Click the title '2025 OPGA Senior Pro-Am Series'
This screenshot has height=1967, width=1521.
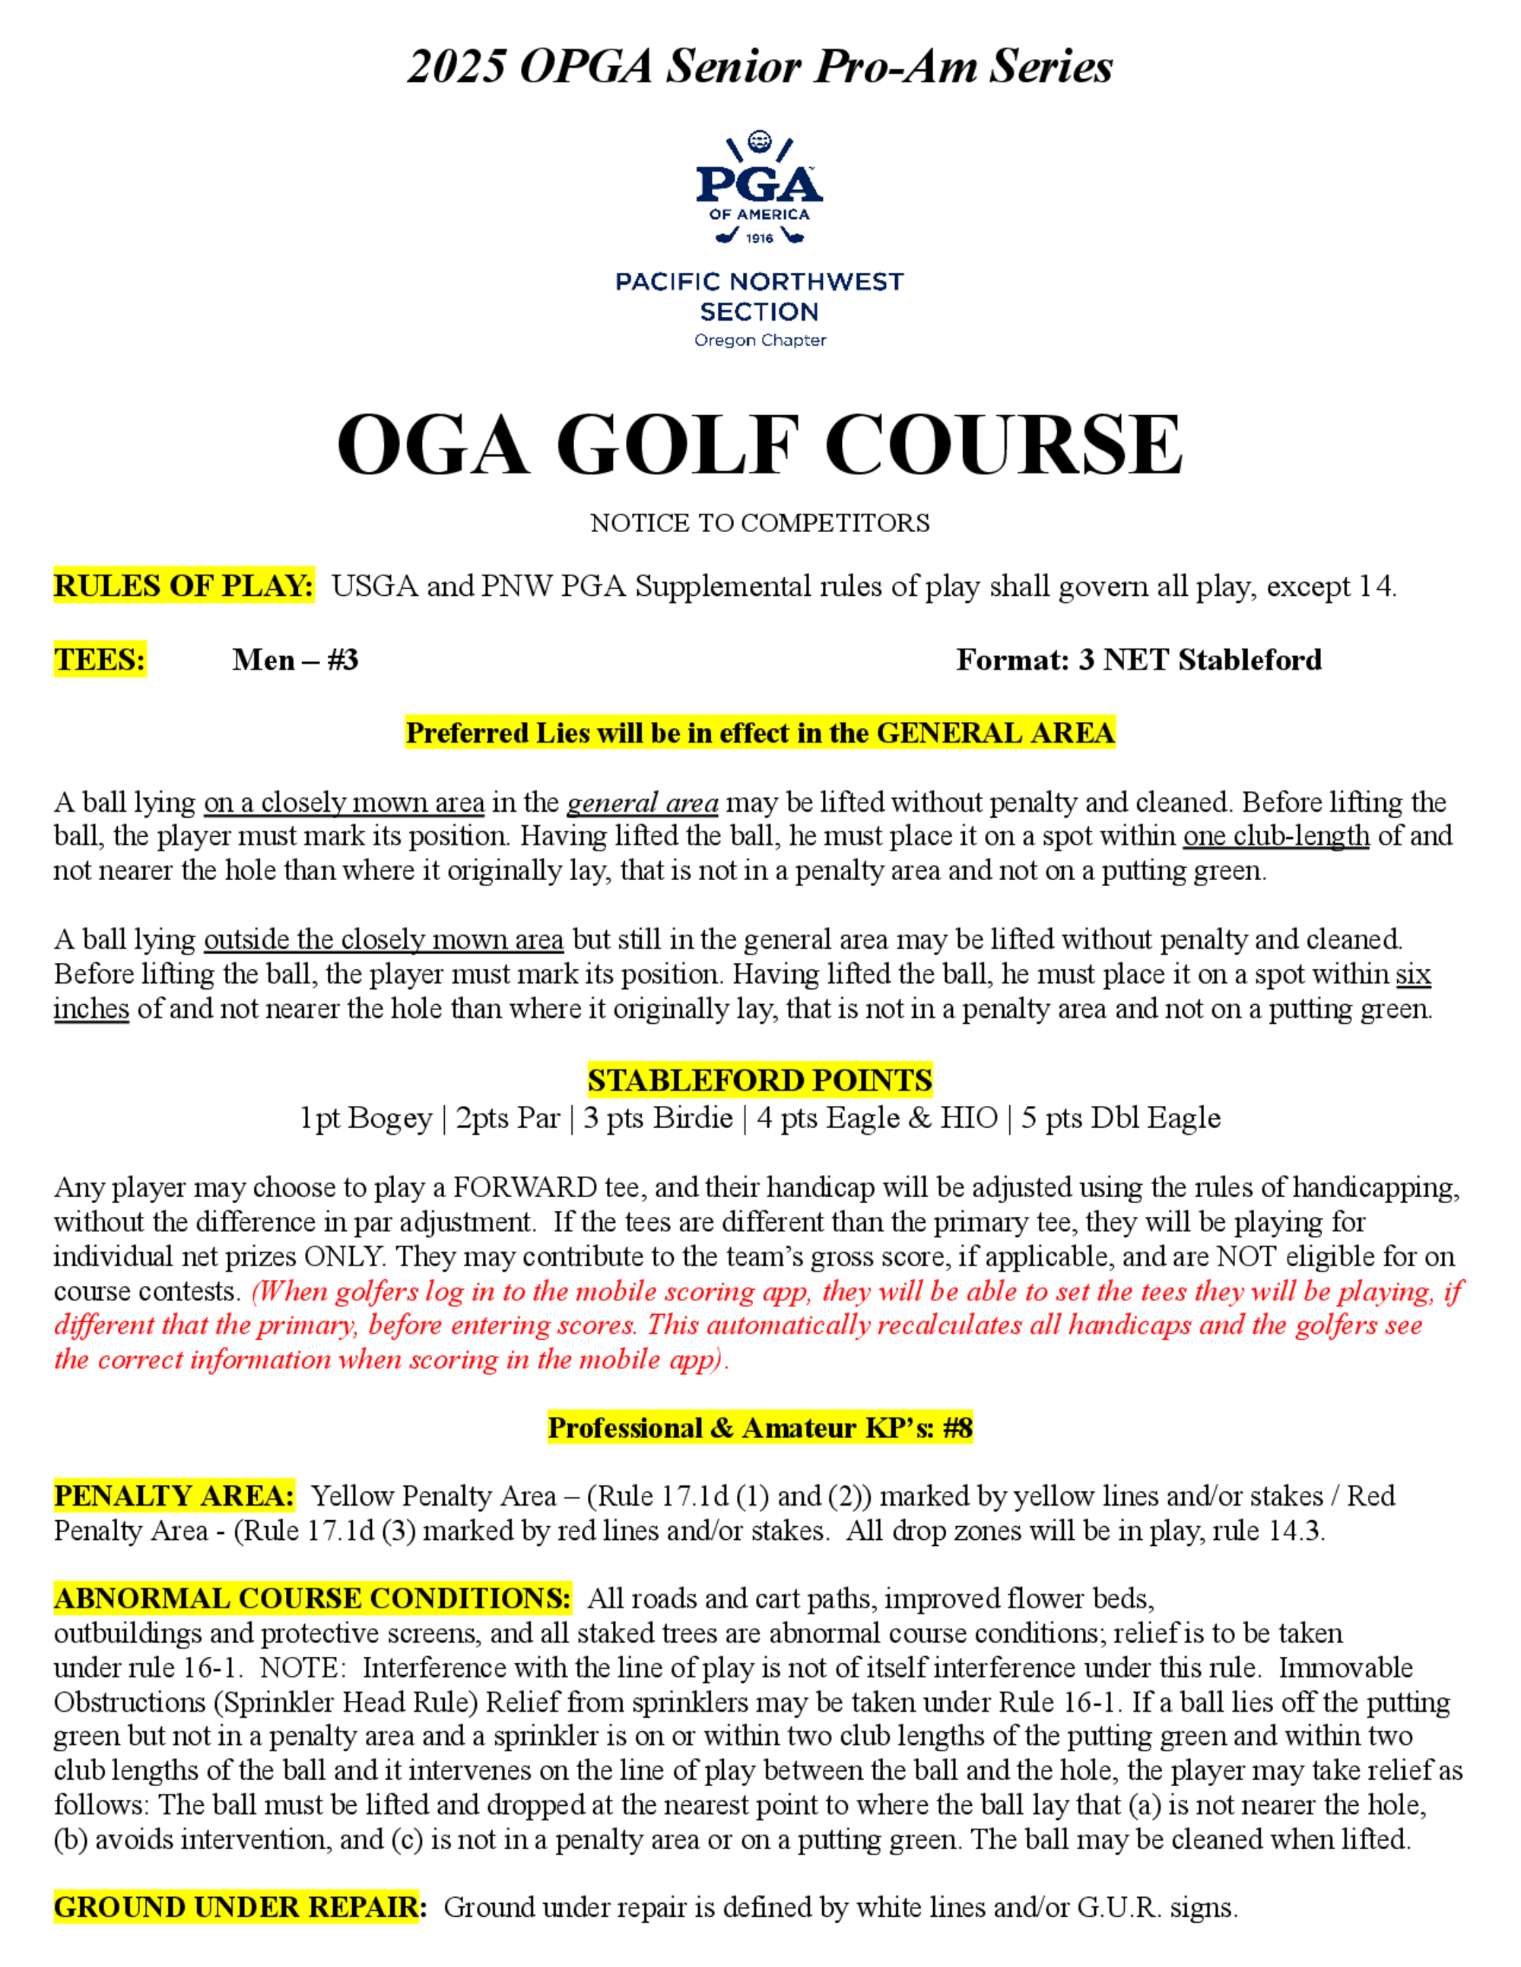[x=760, y=67]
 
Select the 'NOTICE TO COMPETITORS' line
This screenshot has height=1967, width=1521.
[x=760, y=523]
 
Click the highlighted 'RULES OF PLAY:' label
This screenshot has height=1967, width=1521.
[x=184, y=586]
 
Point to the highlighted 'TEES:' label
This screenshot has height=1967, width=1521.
[x=100, y=660]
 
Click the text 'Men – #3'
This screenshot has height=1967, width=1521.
[x=294, y=660]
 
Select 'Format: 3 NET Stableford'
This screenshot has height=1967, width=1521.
[x=1139, y=660]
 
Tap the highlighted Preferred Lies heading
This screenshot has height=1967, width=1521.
[x=760, y=733]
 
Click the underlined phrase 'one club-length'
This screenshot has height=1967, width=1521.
[x=1276, y=836]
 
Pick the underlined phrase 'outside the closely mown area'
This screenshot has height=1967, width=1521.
[x=383, y=939]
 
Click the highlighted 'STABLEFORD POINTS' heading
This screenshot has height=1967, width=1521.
[x=760, y=1080]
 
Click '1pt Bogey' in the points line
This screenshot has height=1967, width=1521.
[x=366, y=1118]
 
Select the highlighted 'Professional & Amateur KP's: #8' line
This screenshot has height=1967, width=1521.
[x=760, y=1427]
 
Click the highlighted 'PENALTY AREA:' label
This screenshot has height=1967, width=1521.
[x=174, y=1496]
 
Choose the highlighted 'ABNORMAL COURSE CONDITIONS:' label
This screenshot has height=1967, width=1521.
[x=312, y=1598]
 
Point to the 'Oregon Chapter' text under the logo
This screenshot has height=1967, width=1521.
[x=760, y=341]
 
